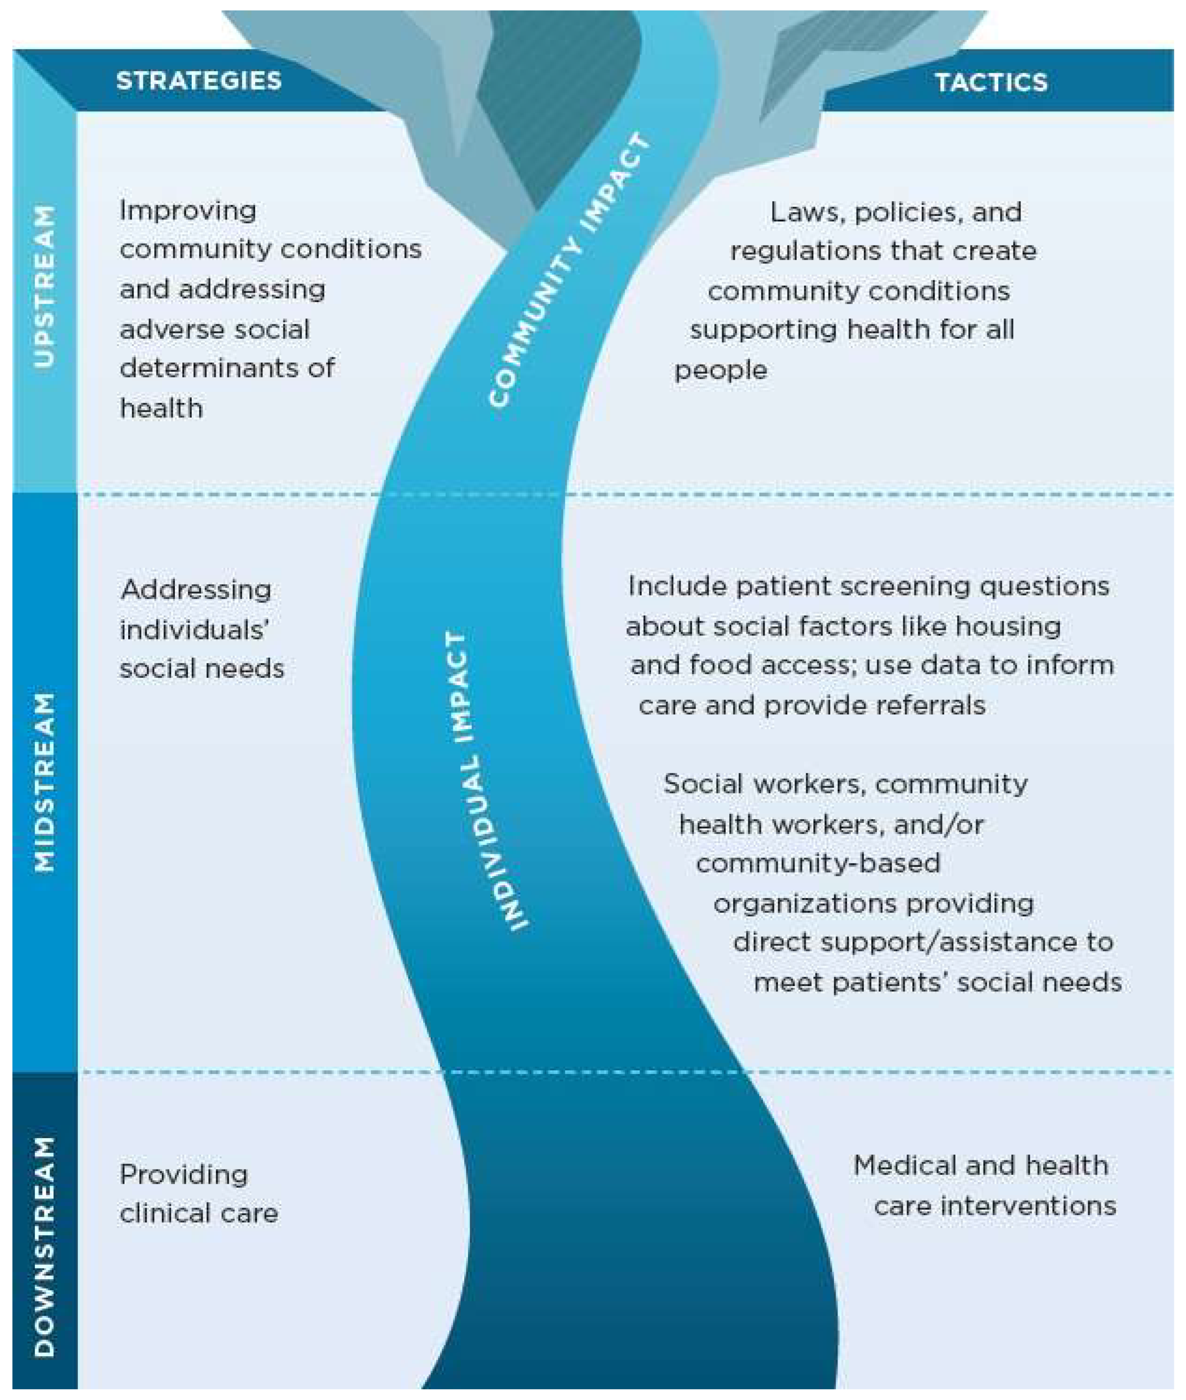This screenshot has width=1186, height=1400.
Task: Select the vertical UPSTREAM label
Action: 44,286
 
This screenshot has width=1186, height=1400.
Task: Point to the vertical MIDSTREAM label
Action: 44,782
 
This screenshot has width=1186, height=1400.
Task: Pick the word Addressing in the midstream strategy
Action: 196,590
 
